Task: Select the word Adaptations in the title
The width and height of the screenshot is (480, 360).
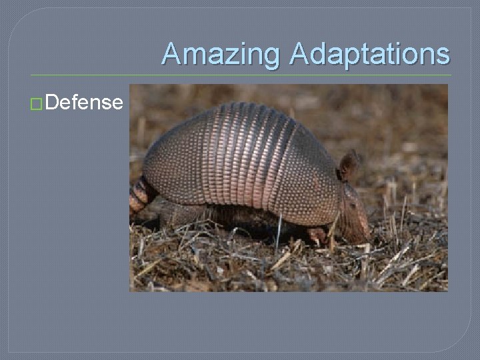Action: [x=370, y=55]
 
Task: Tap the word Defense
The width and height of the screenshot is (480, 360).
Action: [x=85, y=103]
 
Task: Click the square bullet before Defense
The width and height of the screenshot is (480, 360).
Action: [x=38, y=103]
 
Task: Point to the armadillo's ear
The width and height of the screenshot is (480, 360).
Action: [x=348, y=165]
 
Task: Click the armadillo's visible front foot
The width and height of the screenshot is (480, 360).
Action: [x=319, y=235]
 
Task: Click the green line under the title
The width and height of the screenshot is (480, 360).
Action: [x=240, y=75]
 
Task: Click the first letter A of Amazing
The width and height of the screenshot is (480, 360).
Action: [x=172, y=55]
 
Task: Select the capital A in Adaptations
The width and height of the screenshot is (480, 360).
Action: [x=301, y=55]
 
